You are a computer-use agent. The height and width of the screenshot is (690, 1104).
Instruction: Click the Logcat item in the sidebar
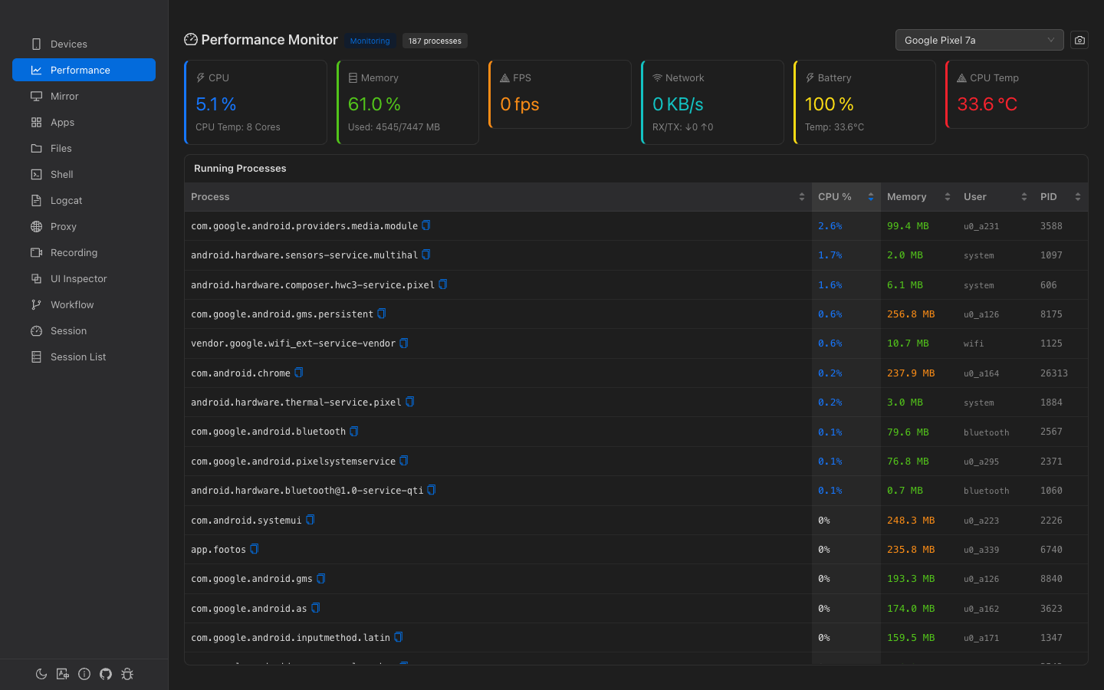[x=66, y=201]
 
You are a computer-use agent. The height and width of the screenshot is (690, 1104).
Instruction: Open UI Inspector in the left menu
[x=78, y=279]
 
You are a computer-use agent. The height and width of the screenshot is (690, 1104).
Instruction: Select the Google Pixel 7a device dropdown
[x=978, y=40]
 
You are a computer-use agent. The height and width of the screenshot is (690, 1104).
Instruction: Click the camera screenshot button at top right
[x=1079, y=40]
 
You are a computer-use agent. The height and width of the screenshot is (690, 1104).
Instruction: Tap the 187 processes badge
[x=435, y=41]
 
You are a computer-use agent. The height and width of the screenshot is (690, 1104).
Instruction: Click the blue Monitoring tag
[x=370, y=41]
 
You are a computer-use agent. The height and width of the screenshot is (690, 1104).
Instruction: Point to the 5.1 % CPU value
[x=215, y=104]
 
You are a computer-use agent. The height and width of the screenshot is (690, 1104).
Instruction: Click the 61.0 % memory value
[x=374, y=104]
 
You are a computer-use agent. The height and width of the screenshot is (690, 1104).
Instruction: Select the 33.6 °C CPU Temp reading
[x=987, y=104]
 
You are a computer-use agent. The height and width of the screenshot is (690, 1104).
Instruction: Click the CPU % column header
[x=835, y=197]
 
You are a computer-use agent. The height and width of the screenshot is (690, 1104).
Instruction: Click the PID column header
[x=1048, y=197]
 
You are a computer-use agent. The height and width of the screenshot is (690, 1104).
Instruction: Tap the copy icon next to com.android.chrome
[x=299, y=373]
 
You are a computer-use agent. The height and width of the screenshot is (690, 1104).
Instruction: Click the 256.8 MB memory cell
[x=911, y=314]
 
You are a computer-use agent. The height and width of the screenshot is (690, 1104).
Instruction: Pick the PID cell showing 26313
[x=1053, y=373]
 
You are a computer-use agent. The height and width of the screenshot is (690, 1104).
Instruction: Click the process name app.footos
[x=219, y=550]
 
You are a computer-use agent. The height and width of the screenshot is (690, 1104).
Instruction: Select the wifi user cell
[x=973, y=344]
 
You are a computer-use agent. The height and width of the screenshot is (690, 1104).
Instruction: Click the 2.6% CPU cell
[x=830, y=226]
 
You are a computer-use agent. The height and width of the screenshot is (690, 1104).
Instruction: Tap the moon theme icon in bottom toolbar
[x=41, y=674]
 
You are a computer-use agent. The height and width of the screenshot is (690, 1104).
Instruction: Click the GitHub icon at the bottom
[x=106, y=674]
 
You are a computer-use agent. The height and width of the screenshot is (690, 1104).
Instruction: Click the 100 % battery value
[x=829, y=104]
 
